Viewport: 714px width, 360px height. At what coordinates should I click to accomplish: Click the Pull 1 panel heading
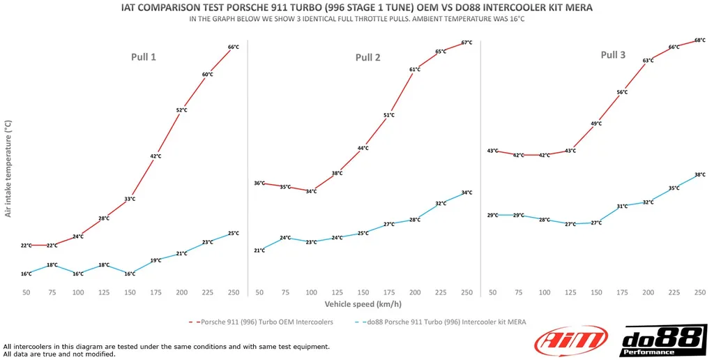pos(143,57)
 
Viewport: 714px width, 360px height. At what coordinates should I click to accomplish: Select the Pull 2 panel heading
pos(367,57)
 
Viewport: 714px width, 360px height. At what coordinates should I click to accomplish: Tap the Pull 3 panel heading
pos(613,54)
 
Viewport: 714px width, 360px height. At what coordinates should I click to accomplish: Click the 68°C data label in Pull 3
pos(700,40)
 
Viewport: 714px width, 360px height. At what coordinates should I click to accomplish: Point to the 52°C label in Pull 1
pos(181,110)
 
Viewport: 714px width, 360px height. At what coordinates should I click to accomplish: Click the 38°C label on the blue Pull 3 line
pos(699,174)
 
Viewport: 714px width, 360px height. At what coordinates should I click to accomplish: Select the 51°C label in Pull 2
pos(388,115)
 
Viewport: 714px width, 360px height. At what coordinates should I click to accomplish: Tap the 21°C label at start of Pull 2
pos(259,250)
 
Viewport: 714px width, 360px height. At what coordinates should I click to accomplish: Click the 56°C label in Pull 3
pos(622,92)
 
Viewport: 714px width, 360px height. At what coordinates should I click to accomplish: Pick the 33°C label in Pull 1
pos(130,199)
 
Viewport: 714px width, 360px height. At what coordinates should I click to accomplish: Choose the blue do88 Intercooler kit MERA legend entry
pos(443,322)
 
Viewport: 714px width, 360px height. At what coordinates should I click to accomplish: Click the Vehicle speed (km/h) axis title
pos(363,304)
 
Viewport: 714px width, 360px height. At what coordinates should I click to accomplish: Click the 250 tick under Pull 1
pos(233,292)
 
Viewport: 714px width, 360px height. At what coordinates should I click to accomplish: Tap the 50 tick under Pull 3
pos(493,292)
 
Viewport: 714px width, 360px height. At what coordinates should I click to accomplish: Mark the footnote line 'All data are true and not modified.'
pos(59,354)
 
